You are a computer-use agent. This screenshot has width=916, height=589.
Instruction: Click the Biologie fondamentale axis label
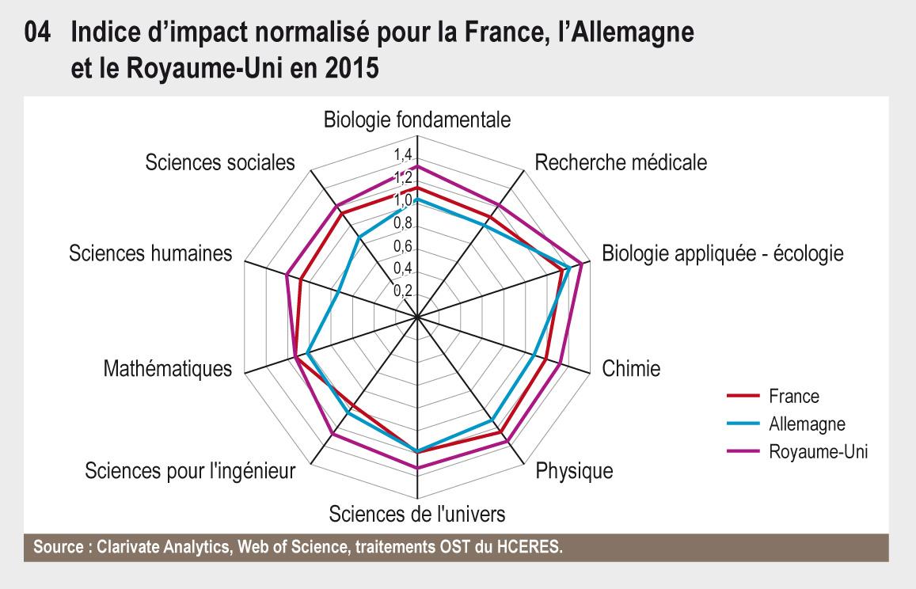tap(417, 120)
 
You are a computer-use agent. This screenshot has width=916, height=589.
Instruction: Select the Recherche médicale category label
tap(621, 163)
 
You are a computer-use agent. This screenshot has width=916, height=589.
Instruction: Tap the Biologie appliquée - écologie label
tap(722, 253)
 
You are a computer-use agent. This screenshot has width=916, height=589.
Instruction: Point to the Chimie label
tap(631, 369)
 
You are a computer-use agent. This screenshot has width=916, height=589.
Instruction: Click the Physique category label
tap(574, 471)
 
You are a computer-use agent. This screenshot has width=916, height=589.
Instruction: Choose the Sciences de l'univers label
tap(417, 513)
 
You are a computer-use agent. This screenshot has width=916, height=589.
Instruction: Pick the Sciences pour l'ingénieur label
tap(190, 471)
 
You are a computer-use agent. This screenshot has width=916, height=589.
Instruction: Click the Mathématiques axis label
tap(168, 369)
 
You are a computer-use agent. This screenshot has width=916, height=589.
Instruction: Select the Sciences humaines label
tap(150, 253)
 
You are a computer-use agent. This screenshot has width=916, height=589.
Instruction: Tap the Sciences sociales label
tap(220, 163)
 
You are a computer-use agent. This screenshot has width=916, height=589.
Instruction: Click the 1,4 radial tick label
tap(403, 154)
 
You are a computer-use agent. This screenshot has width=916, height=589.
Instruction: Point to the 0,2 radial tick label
tap(403, 291)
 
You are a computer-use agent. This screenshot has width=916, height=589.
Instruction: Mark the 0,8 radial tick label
tap(403, 222)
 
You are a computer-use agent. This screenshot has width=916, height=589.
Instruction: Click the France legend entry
tap(793, 396)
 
